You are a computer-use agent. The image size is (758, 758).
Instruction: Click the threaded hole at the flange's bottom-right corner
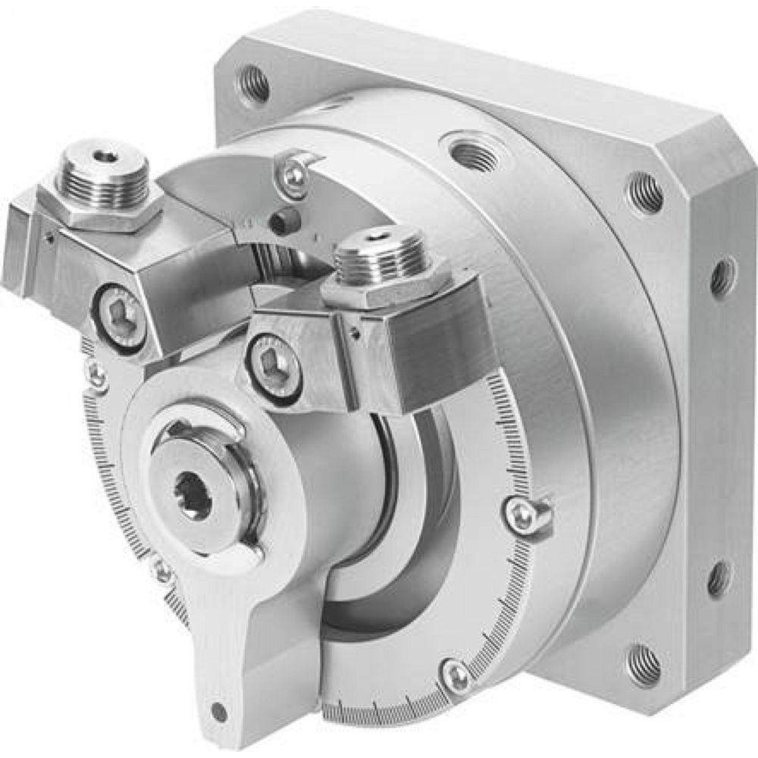642,664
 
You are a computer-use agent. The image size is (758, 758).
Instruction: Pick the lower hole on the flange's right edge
719,580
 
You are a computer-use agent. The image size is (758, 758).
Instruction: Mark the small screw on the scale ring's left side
96,372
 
